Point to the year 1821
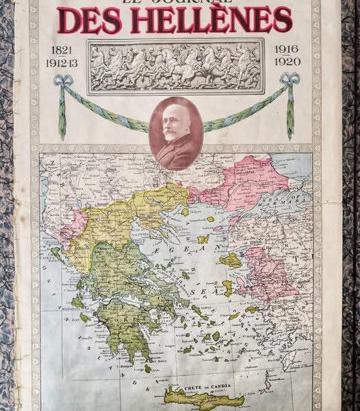click(x=62, y=50)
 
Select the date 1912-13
click(x=63, y=62)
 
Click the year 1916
click(x=287, y=49)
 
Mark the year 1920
click(x=287, y=62)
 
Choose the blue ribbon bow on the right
click(x=290, y=79)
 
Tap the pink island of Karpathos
click(x=268, y=381)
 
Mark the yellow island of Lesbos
click(x=231, y=260)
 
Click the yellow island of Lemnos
click(x=203, y=239)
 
